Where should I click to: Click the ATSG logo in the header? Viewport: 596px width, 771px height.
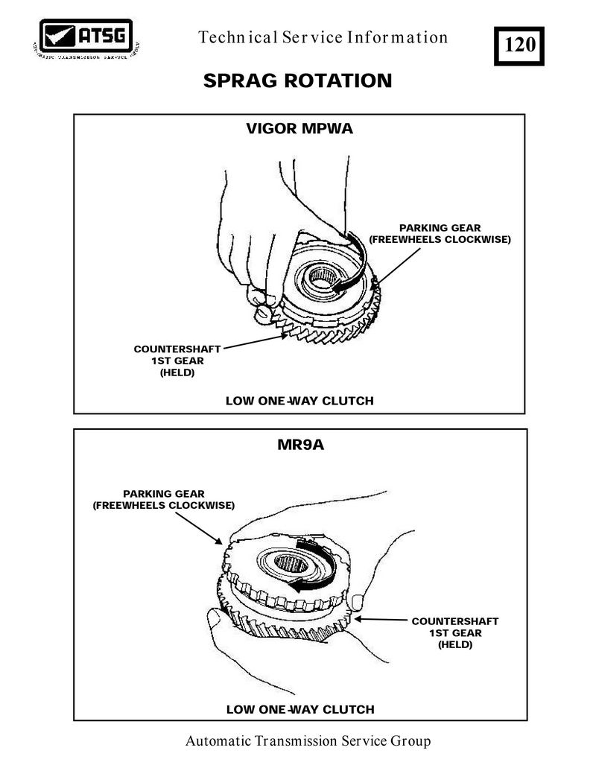pos(86,37)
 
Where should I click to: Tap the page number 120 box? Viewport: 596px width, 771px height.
pos(519,45)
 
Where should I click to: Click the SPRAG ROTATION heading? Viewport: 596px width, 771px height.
pos(297,80)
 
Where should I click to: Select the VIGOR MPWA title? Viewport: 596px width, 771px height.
pos(299,129)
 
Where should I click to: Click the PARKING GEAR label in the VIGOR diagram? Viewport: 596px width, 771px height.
pos(440,233)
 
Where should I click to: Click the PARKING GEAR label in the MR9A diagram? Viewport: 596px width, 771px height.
pos(163,499)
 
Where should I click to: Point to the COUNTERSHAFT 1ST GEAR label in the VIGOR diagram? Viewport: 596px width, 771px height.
pos(177,361)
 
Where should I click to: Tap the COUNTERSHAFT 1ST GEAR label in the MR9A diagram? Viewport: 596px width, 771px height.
pos(454,632)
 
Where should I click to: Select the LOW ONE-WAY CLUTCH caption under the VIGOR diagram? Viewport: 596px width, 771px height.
pos(299,401)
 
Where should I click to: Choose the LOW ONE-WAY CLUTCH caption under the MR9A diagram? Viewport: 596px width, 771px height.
pos(299,708)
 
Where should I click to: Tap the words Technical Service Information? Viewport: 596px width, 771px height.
pos(323,38)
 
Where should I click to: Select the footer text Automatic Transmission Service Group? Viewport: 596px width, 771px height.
pos(308,741)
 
